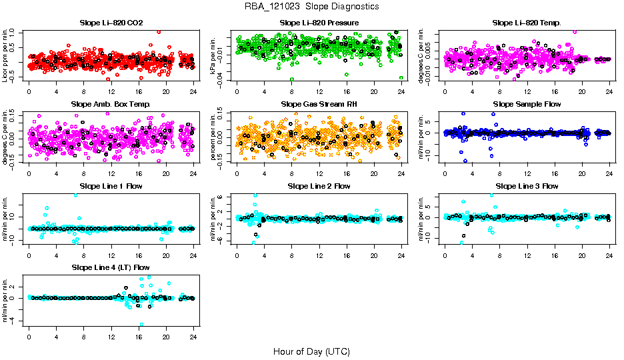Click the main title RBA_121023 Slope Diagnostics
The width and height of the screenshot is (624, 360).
pyautogui.click(x=311, y=6)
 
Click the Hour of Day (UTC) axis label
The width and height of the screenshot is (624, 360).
pyautogui.click(x=311, y=351)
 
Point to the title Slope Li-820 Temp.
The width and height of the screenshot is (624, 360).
pyautogui.click(x=527, y=23)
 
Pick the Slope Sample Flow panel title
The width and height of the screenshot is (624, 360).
pyautogui.click(x=527, y=105)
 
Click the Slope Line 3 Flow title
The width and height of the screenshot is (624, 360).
pyautogui.click(x=527, y=186)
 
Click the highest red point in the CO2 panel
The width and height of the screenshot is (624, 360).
pyautogui.click(x=159, y=32)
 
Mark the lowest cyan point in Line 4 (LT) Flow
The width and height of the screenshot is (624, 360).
pyautogui.click(x=142, y=325)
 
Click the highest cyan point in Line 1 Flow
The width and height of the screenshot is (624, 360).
pyautogui.click(x=75, y=195)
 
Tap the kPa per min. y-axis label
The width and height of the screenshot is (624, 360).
pyautogui.click(x=214, y=55)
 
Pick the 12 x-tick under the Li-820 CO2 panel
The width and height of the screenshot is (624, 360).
pyautogui.click(x=111, y=91)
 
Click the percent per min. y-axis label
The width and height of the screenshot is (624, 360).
pyautogui.click(x=214, y=137)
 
